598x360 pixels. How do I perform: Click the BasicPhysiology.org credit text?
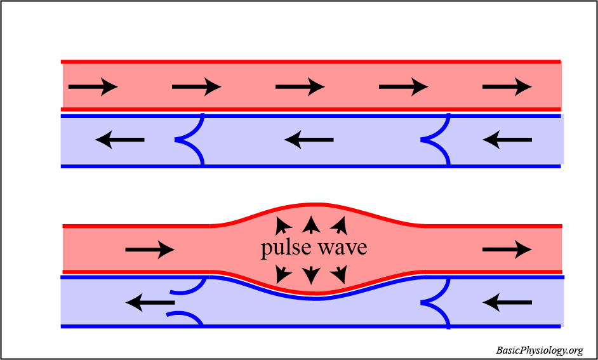[x=540, y=350]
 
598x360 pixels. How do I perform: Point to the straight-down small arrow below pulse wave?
[x=311, y=274]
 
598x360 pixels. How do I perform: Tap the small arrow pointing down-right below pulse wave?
[x=340, y=274]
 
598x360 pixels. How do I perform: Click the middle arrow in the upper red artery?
[x=300, y=86]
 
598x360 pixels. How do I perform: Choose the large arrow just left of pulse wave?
[x=150, y=250]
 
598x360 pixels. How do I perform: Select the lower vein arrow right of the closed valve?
[x=507, y=303]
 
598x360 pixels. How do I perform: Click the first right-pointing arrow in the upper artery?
[x=93, y=86]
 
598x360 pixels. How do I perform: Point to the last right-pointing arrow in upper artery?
[x=507, y=86]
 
